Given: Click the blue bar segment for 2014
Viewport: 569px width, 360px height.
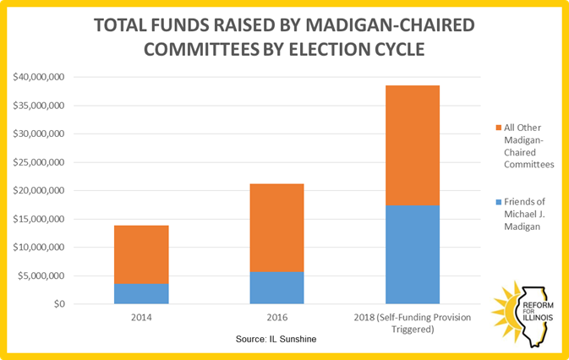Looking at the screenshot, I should point(141,293).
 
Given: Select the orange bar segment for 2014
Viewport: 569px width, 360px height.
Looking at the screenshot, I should point(141,254).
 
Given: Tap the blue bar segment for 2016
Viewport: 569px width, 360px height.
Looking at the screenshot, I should point(276,287).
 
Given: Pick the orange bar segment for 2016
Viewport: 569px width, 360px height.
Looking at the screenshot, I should point(276,227).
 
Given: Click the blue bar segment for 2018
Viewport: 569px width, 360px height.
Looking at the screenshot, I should point(413,254).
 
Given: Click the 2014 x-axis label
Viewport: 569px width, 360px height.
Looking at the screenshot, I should point(141,318).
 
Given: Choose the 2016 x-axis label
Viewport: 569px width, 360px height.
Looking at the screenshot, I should point(276,318).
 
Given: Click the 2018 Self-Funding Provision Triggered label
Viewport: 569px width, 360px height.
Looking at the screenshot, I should point(413,323).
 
